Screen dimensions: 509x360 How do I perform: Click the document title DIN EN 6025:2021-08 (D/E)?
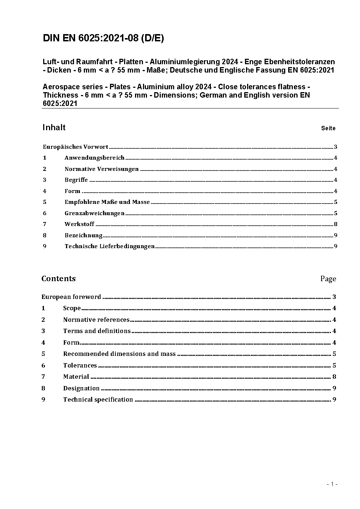(103, 38)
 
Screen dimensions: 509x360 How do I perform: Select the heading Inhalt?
(54, 127)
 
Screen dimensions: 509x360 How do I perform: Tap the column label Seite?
(328, 128)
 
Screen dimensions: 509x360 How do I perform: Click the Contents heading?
(58, 279)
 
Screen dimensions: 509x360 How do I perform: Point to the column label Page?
(328, 279)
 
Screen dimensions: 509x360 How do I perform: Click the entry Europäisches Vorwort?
(75, 147)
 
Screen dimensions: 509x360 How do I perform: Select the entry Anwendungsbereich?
(94, 158)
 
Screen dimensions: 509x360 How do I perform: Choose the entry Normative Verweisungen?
(102, 169)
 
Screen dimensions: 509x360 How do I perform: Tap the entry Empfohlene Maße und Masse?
(107, 202)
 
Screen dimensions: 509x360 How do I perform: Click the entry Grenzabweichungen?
(94, 213)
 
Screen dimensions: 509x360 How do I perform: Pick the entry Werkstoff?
(79, 224)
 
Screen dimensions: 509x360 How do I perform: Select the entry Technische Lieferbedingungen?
(110, 246)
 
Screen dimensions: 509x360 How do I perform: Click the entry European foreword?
(71, 297)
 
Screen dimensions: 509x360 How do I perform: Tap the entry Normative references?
(96, 320)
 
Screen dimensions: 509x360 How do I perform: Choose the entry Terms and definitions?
(97, 331)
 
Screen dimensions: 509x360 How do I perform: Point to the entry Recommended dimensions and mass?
(119, 354)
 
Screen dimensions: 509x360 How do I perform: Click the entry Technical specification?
(98, 399)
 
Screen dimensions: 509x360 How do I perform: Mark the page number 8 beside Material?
(334, 377)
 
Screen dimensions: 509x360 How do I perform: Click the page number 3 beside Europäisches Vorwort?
(336, 147)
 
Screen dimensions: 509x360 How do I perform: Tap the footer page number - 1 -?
(332, 484)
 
